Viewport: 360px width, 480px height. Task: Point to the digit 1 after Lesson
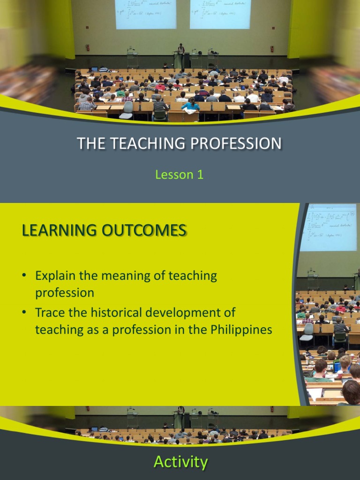200,175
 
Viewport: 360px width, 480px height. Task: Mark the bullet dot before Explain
23,276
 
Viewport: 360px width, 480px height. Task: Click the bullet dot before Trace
23,312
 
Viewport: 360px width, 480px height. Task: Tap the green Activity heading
180,462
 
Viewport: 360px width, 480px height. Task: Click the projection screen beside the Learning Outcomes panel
328,227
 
